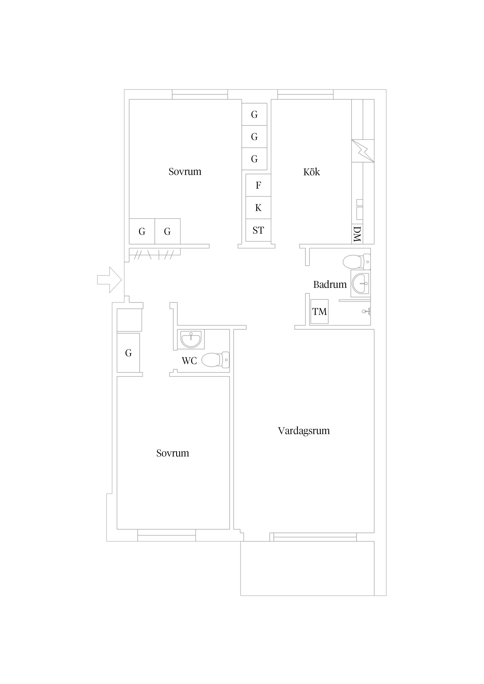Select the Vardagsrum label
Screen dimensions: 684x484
[304, 431]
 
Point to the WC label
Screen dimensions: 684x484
[189, 361]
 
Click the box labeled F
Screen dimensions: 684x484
[258, 185]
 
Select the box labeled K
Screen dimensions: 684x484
[258, 208]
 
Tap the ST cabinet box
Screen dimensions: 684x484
[258, 230]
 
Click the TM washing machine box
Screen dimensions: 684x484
[319, 312]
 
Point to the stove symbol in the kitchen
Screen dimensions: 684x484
[363, 151]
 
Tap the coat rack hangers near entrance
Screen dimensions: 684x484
[155, 255]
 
